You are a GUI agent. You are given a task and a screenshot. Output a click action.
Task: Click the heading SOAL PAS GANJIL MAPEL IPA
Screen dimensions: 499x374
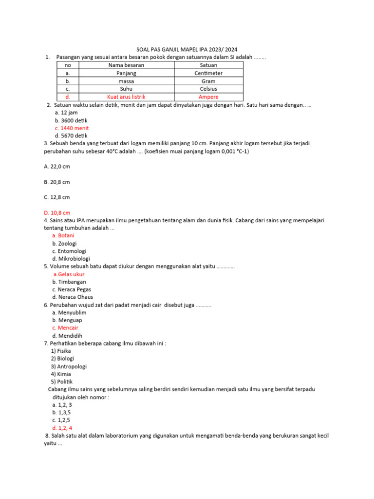point(187,49)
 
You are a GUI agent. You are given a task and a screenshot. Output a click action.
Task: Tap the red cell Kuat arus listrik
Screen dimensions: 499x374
point(126,97)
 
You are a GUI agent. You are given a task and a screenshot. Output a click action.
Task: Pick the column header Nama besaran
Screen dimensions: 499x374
point(126,65)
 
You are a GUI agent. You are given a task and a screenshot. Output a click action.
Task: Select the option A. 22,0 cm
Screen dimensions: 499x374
point(57,166)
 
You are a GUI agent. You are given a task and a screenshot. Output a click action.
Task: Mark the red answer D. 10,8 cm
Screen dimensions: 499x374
point(57,212)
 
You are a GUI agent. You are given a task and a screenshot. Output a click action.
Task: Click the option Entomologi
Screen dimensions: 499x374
point(70,251)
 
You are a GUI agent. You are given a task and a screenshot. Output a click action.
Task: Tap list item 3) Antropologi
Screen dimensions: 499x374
point(69,366)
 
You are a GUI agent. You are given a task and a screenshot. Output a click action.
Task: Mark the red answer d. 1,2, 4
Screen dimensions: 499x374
point(62,427)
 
